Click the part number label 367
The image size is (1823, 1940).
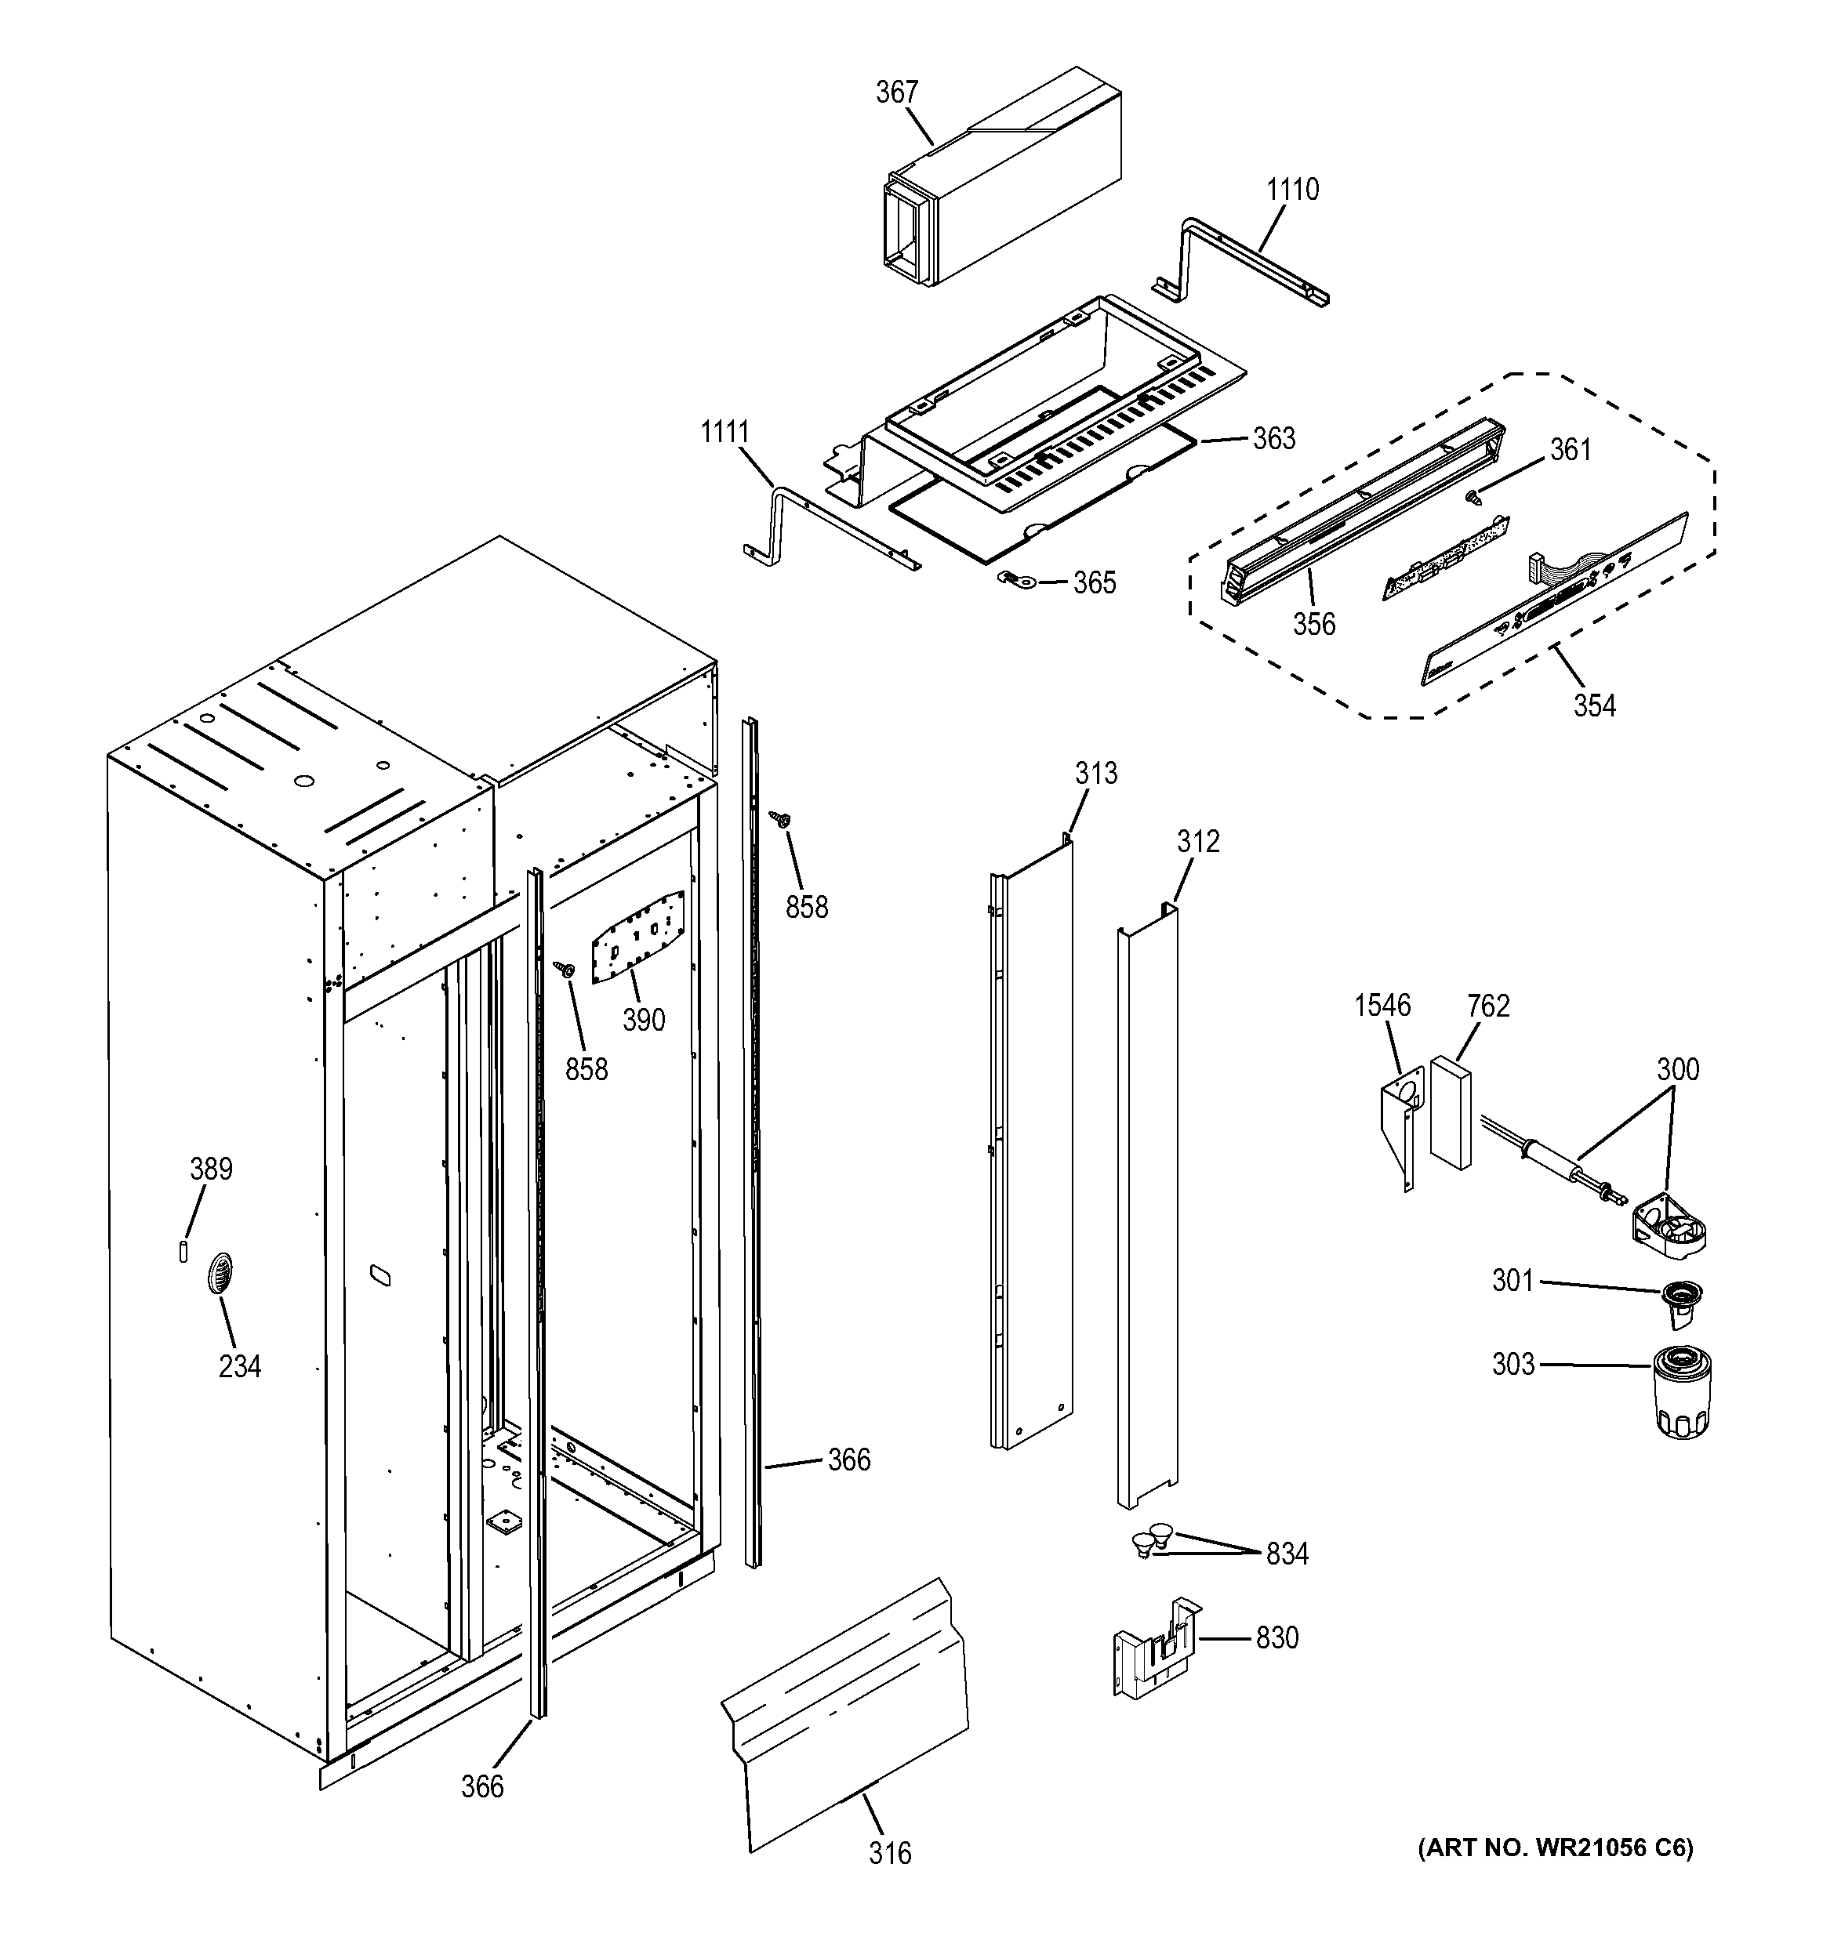click(x=896, y=92)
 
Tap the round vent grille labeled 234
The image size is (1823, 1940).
click(x=220, y=1274)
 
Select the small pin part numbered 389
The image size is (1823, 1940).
click(x=183, y=1251)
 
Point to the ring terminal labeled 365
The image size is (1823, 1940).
click(x=1008, y=582)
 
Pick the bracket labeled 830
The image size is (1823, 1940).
click(x=1157, y=1649)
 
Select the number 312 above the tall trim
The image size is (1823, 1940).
click(x=1197, y=841)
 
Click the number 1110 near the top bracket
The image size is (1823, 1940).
click(x=1292, y=190)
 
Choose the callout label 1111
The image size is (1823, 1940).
click(x=724, y=431)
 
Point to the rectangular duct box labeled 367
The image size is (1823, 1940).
click(x=1005, y=180)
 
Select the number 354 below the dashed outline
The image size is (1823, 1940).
click(x=1594, y=705)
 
